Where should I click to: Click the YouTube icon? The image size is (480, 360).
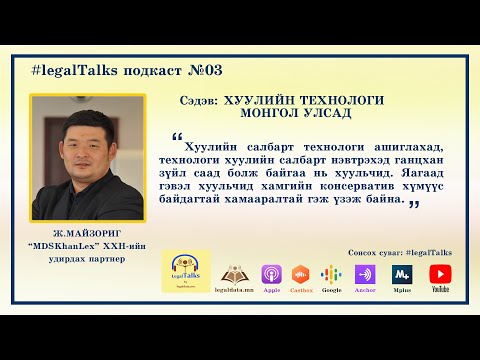(440, 273)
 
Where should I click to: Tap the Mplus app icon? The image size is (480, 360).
(403, 273)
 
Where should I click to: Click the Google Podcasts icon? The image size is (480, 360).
(332, 273)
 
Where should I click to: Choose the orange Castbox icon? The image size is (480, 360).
(300, 273)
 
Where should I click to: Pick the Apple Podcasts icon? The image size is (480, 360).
(270, 273)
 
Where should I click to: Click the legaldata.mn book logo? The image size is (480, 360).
(236, 273)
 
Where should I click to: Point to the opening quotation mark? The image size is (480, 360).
(177, 136)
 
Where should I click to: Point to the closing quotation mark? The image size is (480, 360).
(412, 203)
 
